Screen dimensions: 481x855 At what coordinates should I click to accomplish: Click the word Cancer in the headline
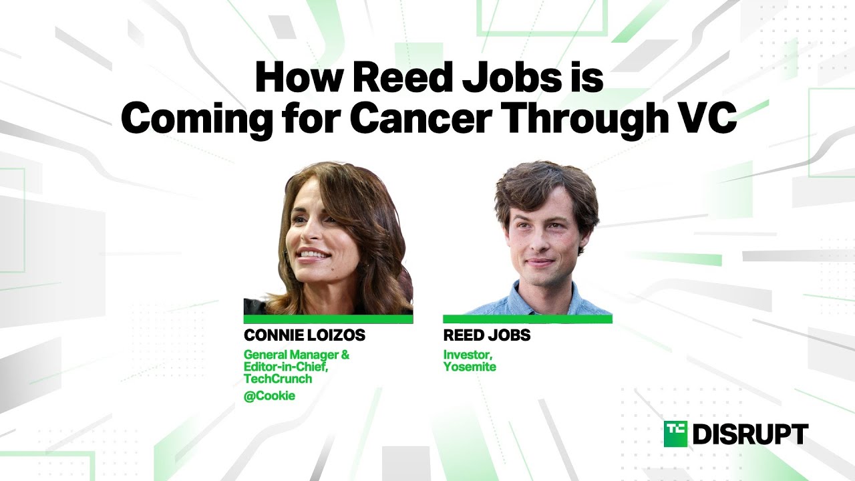tap(420, 118)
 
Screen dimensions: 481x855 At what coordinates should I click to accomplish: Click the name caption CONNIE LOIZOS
tap(305, 335)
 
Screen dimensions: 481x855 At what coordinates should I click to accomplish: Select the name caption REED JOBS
tap(487, 335)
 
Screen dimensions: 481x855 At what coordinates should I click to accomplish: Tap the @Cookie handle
tap(269, 396)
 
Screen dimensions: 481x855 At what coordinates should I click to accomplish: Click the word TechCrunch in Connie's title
tap(278, 379)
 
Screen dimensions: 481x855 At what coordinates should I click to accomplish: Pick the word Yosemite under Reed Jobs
tap(470, 367)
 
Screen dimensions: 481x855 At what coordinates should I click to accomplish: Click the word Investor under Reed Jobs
tap(468, 355)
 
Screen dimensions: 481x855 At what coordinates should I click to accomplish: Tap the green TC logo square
tap(675, 434)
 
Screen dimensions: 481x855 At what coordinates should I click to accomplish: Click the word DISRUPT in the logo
tap(750, 434)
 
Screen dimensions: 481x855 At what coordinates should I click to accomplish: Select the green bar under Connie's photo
tap(328, 319)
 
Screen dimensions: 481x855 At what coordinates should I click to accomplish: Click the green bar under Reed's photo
tap(528, 319)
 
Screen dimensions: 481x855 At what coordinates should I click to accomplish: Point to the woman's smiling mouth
tap(313, 255)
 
